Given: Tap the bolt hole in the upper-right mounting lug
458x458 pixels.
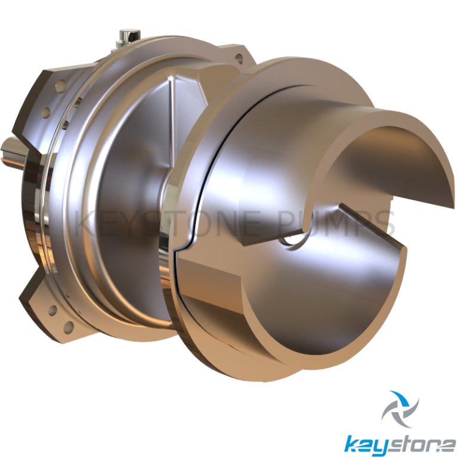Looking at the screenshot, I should pyautogui.click(x=240, y=59).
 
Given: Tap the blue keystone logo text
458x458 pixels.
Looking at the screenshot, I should pyautogui.click(x=400, y=444).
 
